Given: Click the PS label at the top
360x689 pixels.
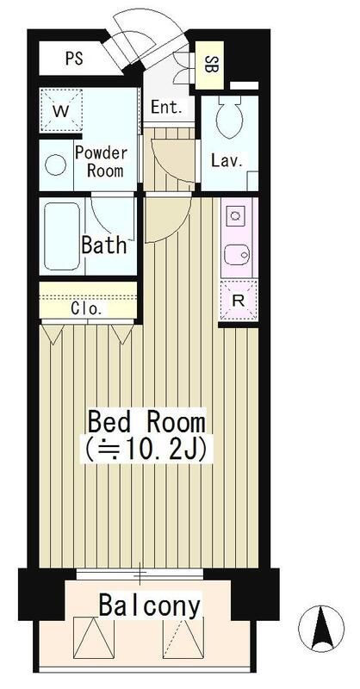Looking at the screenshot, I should pyautogui.click(x=74, y=61).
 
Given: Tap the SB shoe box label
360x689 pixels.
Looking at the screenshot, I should pyautogui.click(x=210, y=63).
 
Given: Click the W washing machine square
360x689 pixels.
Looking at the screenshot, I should pyautogui.click(x=61, y=111).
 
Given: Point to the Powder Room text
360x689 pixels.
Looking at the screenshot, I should pyautogui.click(x=101, y=161).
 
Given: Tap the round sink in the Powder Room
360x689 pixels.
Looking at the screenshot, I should pyautogui.click(x=57, y=163).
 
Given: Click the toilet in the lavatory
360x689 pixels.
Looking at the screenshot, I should pyautogui.click(x=231, y=121).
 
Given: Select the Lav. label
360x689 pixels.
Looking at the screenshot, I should pyautogui.click(x=227, y=160).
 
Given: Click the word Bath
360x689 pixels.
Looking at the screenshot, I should pyautogui.click(x=104, y=244).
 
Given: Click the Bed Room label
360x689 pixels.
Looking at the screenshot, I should pyautogui.click(x=147, y=422).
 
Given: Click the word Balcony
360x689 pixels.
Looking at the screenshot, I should pyautogui.click(x=149, y=605).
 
